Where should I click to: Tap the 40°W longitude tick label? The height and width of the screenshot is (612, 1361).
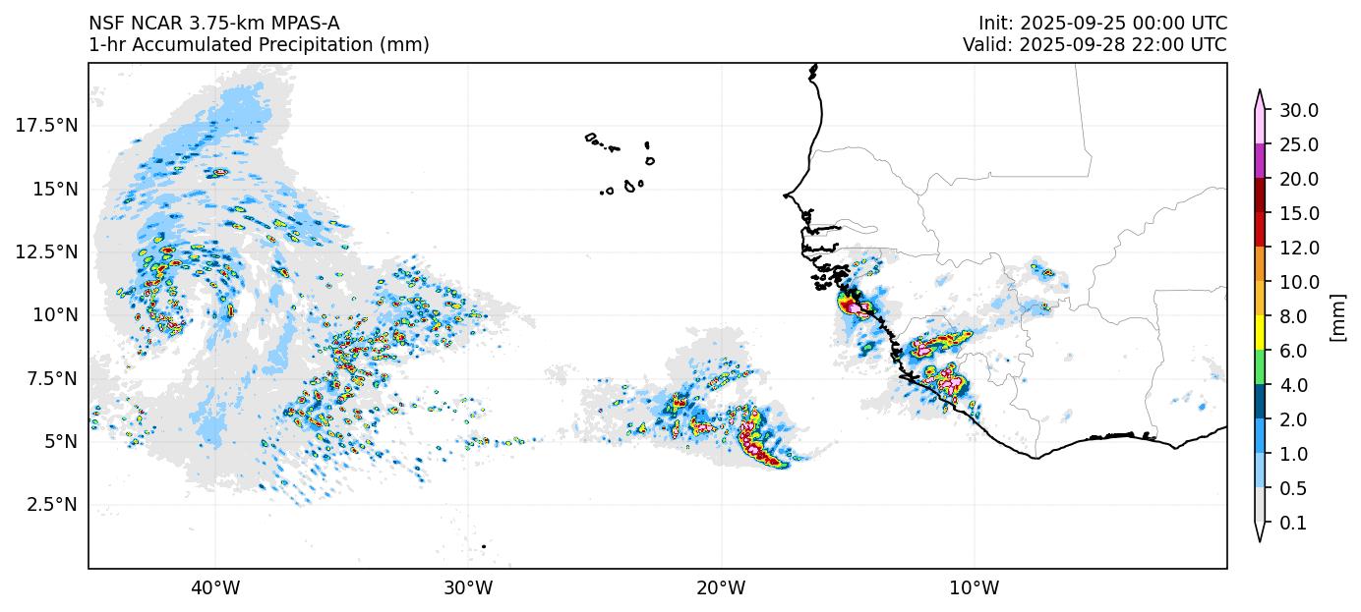click(214, 588)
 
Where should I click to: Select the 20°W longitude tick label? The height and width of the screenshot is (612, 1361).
click(721, 588)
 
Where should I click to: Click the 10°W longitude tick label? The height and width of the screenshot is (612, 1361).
click(974, 588)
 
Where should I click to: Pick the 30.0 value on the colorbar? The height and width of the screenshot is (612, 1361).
click(1298, 110)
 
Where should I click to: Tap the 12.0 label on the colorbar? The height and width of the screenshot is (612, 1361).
click(1298, 248)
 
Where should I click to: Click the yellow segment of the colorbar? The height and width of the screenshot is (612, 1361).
click(1258, 334)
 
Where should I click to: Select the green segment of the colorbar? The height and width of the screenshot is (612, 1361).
click(1258, 368)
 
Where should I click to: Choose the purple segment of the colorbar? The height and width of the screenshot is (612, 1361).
click(1258, 161)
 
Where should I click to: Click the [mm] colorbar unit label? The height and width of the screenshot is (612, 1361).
click(1337, 317)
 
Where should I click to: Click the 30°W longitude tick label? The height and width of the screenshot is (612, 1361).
click(467, 588)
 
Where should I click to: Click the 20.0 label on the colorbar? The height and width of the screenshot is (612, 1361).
click(1298, 179)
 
